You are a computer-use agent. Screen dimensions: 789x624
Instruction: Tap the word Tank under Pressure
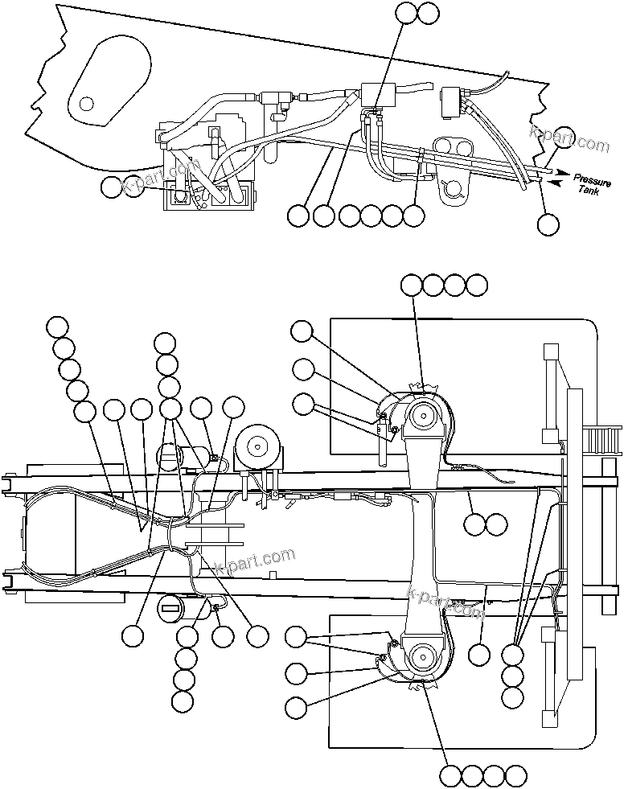click(589, 191)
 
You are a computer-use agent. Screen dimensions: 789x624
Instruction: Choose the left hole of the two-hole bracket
click(443, 147)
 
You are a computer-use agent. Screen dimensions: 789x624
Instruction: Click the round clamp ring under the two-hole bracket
click(454, 187)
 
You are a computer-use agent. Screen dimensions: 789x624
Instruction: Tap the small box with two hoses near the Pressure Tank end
click(454, 100)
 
